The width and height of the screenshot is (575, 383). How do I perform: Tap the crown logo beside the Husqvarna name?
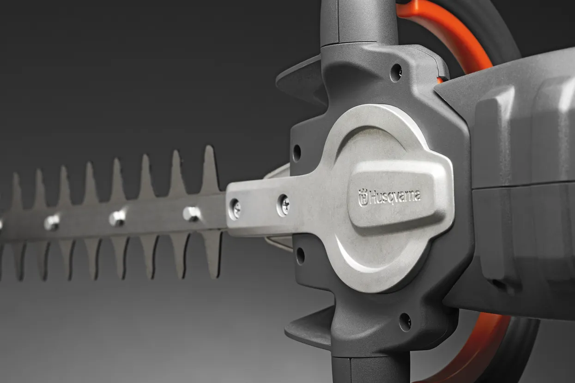pos(363,197)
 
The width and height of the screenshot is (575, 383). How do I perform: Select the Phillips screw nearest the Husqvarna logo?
pos(284,205)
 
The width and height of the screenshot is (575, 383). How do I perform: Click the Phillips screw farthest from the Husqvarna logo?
pos(235,209)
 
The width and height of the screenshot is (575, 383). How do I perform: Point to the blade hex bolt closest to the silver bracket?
pos(192,214)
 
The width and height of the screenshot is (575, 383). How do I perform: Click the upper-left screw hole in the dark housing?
pos(297,153)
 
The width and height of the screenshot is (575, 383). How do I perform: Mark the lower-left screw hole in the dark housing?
pos(300,256)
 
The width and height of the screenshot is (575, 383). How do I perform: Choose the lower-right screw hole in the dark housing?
pos(406,322)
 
